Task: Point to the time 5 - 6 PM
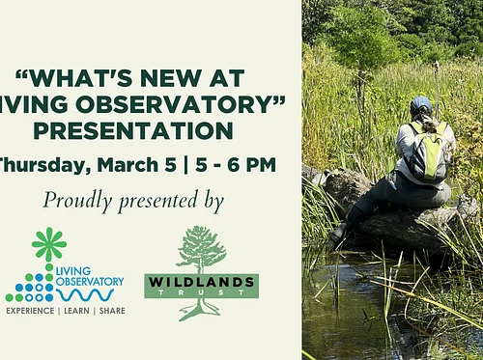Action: [x=233, y=163]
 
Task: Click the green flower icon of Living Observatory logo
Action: [x=47, y=243]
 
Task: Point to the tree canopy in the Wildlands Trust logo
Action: [x=201, y=247]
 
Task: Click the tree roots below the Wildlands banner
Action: [x=201, y=310]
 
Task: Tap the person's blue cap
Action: [x=421, y=102]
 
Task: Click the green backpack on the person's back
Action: [x=425, y=154]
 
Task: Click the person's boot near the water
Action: [x=339, y=233]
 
